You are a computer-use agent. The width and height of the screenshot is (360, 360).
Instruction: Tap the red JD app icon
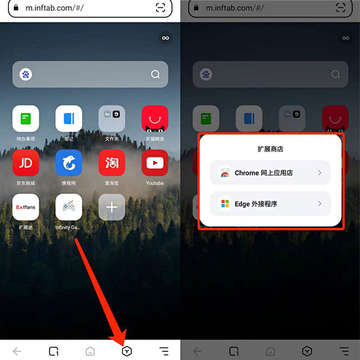pyautogui.click(x=26, y=163)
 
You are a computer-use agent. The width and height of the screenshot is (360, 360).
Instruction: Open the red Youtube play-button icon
pyautogui.click(x=155, y=163)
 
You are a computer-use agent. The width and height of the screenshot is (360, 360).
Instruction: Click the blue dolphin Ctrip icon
pyautogui.click(x=69, y=163)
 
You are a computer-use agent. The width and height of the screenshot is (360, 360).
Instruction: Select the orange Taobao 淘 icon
pyautogui.click(x=112, y=163)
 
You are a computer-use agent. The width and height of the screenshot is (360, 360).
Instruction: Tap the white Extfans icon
pyautogui.click(x=26, y=207)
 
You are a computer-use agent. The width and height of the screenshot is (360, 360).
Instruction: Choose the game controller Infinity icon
pyautogui.click(x=69, y=207)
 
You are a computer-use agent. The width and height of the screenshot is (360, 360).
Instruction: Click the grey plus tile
pyautogui.click(x=112, y=207)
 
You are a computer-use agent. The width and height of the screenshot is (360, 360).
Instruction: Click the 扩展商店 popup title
pyautogui.click(x=270, y=148)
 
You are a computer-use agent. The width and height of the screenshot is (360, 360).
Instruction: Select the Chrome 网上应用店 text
pyautogui.click(x=263, y=173)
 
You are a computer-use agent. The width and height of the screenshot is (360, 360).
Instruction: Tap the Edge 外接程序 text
pyautogui.click(x=256, y=204)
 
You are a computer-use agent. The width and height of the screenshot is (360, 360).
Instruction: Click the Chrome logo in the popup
pyautogui.click(x=224, y=173)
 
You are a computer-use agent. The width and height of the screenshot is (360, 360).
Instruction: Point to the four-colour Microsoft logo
pyautogui.click(x=224, y=204)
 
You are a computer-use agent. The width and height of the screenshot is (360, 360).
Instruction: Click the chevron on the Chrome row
pyautogui.click(x=320, y=173)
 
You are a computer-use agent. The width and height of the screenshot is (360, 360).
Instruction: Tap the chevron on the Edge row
pyautogui.click(x=320, y=204)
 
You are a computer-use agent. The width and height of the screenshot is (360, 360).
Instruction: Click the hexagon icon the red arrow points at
pyautogui.click(x=127, y=352)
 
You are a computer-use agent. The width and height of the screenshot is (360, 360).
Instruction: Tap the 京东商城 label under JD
pyautogui.click(x=26, y=183)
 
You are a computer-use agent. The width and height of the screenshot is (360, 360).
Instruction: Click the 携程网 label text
pyautogui.click(x=69, y=183)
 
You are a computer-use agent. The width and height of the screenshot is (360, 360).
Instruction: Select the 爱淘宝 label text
pyautogui.click(x=112, y=183)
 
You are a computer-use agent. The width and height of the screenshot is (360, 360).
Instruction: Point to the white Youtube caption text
pyautogui.click(x=155, y=183)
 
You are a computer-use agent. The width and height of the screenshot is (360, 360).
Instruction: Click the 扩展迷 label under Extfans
pyautogui.click(x=26, y=227)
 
